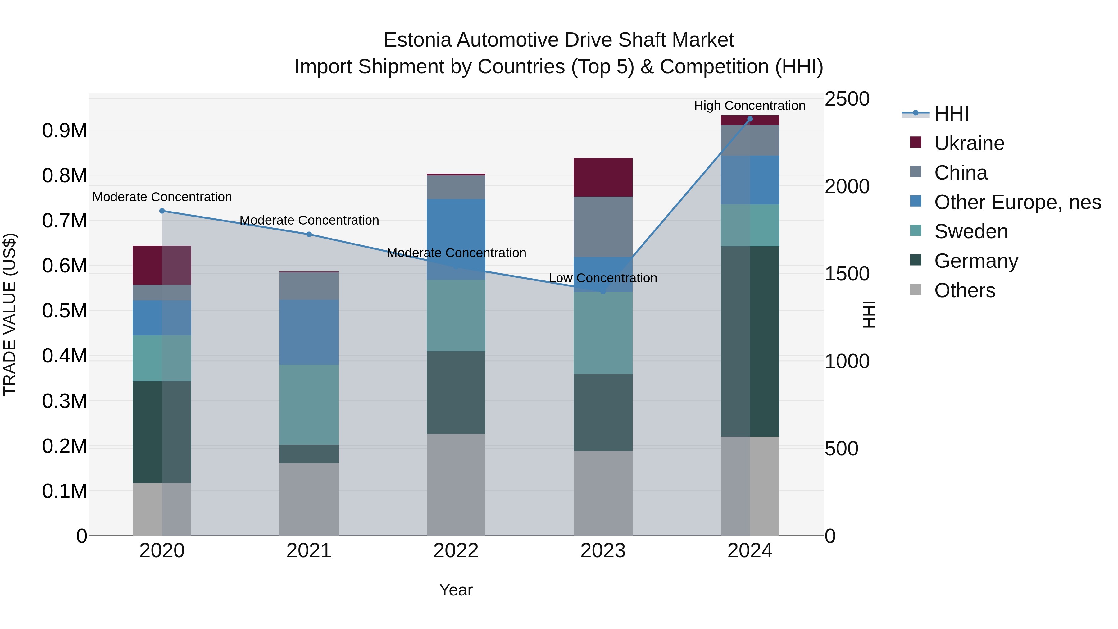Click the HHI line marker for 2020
click(162, 211)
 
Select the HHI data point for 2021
click(309, 235)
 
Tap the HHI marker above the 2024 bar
click(750, 119)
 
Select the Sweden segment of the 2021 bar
click(309, 404)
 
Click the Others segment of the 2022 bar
click(456, 485)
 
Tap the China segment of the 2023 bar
click(603, 227)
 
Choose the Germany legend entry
click(976, 261)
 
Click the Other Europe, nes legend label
click(1017, 202)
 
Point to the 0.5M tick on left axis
click(64, 311)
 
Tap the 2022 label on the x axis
click(456, 551)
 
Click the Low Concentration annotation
click(603, 278)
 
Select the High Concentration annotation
click(750, 106)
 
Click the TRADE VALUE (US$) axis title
click(10, 314)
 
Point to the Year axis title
click(456, 590)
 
